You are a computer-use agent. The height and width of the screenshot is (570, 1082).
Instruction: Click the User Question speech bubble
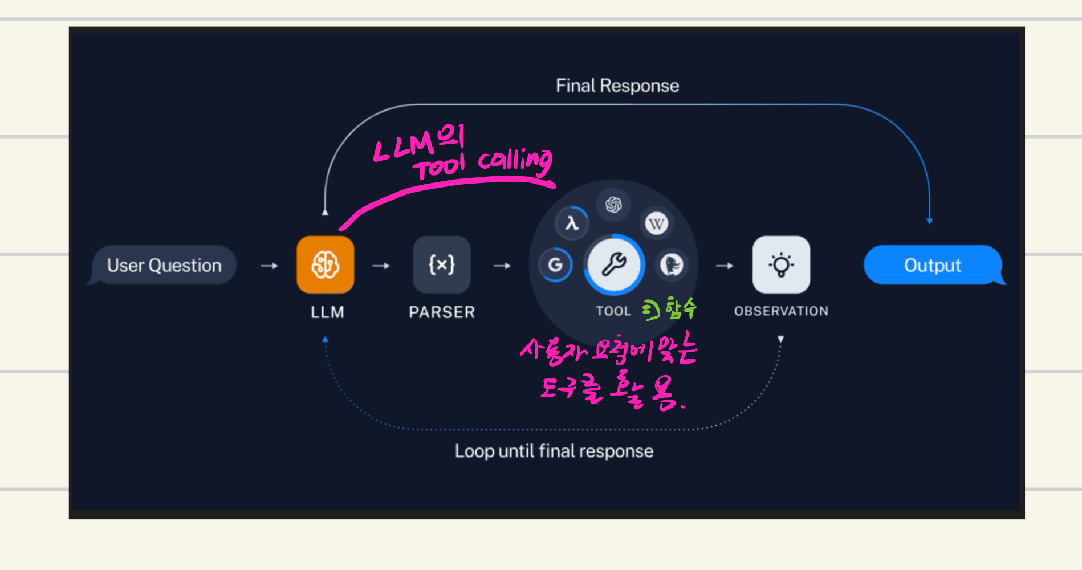click(x=164, y=265)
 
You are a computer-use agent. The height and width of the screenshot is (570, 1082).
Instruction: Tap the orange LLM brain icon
click(x=325, y=264)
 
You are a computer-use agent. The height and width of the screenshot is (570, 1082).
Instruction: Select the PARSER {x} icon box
click(x=442, y=264)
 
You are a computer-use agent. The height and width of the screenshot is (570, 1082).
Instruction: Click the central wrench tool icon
click(x=614, y=264)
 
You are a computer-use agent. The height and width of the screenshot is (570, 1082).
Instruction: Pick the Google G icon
click(x=555, y=264)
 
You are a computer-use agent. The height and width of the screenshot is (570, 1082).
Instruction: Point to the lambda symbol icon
click(x=572, y=223)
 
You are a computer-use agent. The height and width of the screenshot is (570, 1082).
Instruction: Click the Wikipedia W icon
click(x=656, y=223)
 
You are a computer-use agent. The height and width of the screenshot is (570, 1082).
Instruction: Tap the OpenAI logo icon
click(x=613, y=205)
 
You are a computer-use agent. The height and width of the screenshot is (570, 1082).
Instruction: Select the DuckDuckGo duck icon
click(x=672, y=264)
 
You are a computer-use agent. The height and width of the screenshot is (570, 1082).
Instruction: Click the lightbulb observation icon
click(x=781, y=264)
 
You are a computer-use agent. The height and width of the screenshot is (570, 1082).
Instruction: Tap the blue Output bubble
click(x=933, y=265)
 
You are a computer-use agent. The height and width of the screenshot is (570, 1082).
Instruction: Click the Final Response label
click(x=617, y=85)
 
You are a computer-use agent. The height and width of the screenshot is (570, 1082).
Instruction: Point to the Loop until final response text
click(x=554, y=451)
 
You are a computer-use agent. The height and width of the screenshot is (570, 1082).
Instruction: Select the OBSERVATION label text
click(x=781, y=311)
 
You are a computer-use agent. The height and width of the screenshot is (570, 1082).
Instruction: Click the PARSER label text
click(x=442, y=312)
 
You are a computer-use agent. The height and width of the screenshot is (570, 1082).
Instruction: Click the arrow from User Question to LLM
click(x=269, y=266)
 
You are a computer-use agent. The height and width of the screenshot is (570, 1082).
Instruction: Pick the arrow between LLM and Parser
click(x=381, y=266)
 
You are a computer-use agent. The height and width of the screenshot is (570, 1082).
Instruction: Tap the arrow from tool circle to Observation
click(x=725, y=266)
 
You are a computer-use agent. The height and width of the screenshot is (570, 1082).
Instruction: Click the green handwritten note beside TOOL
click(x=670, y=308)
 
